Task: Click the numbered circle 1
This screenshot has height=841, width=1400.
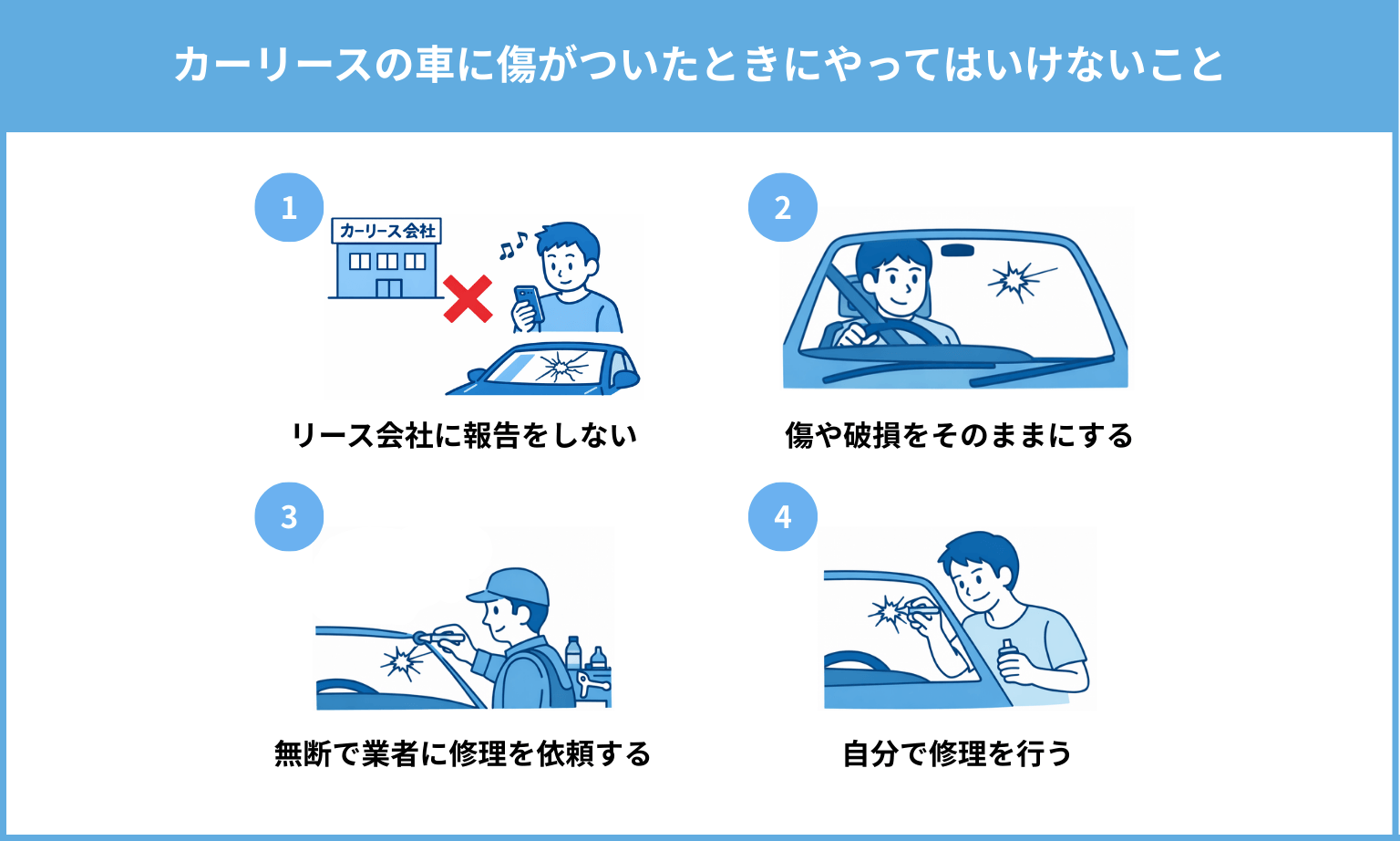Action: [289, 208]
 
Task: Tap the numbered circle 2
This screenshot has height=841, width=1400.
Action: [783, 208]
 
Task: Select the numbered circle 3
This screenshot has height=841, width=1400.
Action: [289, 516]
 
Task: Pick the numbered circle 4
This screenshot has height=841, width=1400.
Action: [783, 516]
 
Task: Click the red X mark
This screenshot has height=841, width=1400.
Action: [468, 299]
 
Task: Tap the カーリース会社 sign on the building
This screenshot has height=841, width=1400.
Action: [386, 231]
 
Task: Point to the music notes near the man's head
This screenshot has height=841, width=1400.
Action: [513, 245]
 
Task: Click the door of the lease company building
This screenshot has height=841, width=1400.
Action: [389, 288]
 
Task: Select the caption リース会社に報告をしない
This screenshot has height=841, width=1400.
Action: [464, 436]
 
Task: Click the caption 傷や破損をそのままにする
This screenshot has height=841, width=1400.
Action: [959, 436]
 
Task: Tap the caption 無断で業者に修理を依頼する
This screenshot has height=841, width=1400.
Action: [463, 753]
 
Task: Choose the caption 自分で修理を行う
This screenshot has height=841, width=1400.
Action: [958, 753]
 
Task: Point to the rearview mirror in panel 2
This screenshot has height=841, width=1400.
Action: [957, 251]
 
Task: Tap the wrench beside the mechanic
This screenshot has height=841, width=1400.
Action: [592, 684]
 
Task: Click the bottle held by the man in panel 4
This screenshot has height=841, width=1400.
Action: [1007, 658]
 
